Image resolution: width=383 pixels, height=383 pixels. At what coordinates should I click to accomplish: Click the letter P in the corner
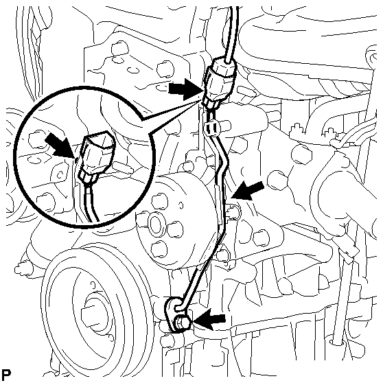tap(6, 373)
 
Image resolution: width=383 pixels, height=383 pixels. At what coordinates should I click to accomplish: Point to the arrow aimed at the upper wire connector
tap(186, 89)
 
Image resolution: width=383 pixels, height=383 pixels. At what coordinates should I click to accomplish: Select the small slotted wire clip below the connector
tap(211, 127)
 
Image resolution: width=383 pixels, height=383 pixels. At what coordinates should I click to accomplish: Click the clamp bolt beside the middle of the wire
tap(235, 211)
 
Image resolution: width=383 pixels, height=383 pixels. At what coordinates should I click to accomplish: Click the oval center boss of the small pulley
tap(156, 224)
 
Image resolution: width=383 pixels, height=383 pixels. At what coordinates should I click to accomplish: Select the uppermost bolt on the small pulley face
tap(160, 201)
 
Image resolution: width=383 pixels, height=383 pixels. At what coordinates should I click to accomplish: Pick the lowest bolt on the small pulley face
tap(159, 248)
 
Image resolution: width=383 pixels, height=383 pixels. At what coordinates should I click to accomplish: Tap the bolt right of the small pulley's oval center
tap(176, 230)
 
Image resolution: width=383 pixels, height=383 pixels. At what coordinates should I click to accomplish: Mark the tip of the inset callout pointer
tap(203, 100)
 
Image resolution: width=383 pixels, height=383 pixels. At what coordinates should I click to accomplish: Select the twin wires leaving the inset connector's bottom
tap(91, 202)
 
